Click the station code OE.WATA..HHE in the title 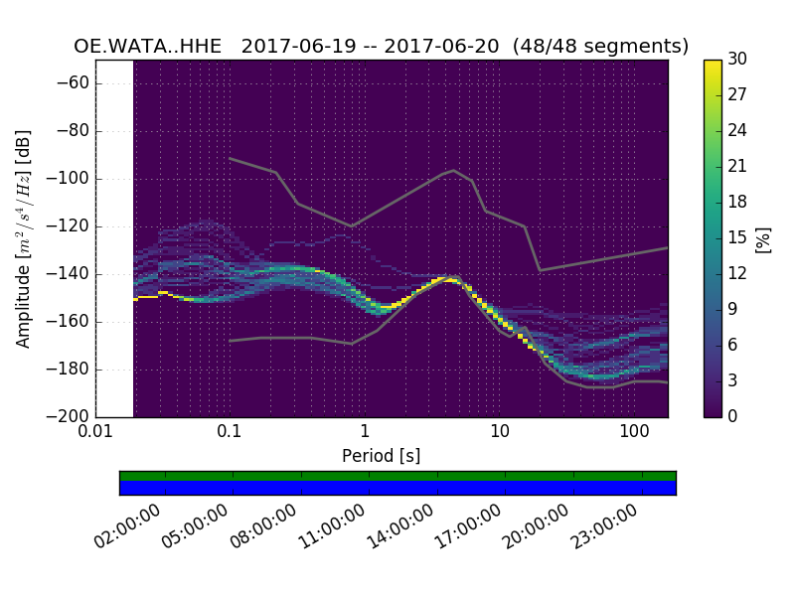(150, 47)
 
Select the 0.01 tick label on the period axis (95, 433)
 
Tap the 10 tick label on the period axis (500, 433)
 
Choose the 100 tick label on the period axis (634, 433)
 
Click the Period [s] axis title (381, 456)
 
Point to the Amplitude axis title (24, 238)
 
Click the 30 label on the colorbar (737, 60)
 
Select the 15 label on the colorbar (737, 237)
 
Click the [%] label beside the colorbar (763, 238)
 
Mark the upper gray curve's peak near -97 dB (454, 170)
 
